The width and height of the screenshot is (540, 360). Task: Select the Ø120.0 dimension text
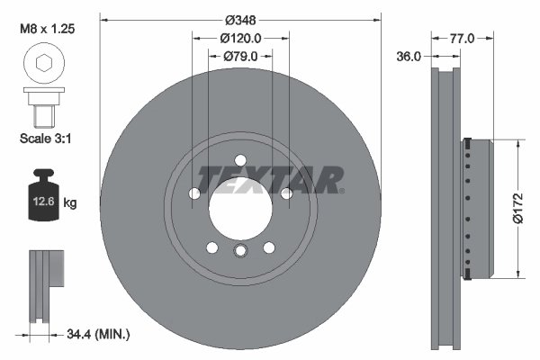pos(240,38)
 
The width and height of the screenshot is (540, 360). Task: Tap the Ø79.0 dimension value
pos(240,56)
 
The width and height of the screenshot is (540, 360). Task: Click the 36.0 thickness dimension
pos(409,56)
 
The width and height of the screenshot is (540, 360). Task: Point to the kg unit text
pos(70,203)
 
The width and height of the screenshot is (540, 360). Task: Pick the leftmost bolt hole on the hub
pos(194,193)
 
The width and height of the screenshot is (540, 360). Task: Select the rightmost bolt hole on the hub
pos(286,193)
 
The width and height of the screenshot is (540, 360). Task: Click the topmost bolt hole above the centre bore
pos(240,159)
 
